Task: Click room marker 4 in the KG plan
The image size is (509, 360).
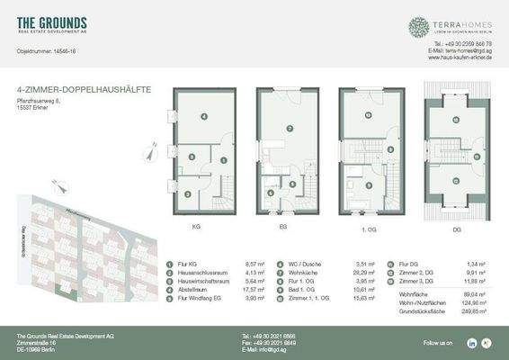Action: click(204, 117)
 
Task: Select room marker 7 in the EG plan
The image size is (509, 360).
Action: click(290, 130)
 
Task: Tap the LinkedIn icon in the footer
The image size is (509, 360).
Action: click(472, 343)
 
